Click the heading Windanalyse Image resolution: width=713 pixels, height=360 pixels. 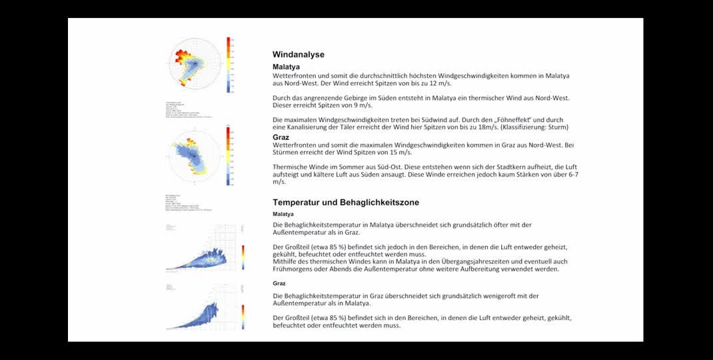pyautogui.click(x=298, y=55)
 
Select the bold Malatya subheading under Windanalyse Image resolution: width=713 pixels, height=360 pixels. pyautogui.click(x=286, y=67)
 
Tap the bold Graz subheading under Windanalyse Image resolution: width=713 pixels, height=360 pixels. pyautogui.click(x=281, y=137)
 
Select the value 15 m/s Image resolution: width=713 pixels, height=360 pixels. pyautogui.click(x=398, y=153)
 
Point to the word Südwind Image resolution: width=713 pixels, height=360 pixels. pyautogui.click(x=414, y=119)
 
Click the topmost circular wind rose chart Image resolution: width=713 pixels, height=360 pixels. pyautogui.click(x=195, y=63)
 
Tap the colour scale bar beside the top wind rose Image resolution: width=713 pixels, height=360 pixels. pyautogui.click(x=228, y=64)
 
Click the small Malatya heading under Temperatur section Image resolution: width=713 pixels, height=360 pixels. pyautogui.click(x=283, y=214)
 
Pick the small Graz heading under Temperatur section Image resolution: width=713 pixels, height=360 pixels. pyautogui.click(x=279, y=283)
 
